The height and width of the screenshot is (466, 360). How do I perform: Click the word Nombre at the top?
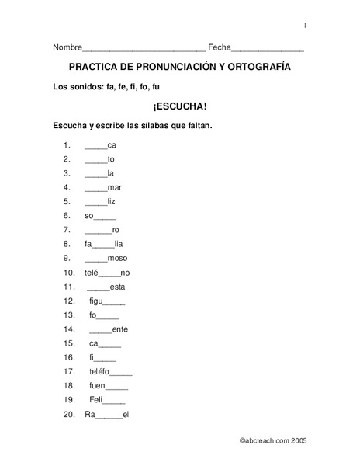[67, 48]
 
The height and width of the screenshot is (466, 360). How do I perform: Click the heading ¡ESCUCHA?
[180, 105]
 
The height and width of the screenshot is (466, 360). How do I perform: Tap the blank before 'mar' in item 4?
[95, 188]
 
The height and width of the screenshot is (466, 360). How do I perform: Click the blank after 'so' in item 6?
[106, 216]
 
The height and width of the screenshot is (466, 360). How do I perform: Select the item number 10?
[68, 273]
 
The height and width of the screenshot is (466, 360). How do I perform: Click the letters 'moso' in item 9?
[118, 258]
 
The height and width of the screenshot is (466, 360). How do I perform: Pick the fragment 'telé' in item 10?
[92, 273]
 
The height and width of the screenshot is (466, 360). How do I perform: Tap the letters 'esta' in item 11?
[118, 287]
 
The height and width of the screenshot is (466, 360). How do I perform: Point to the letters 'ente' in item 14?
[120, 329]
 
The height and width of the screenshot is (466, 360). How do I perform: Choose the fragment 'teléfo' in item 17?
[99, 372]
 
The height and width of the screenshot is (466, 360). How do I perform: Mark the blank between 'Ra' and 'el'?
[109, 416]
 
